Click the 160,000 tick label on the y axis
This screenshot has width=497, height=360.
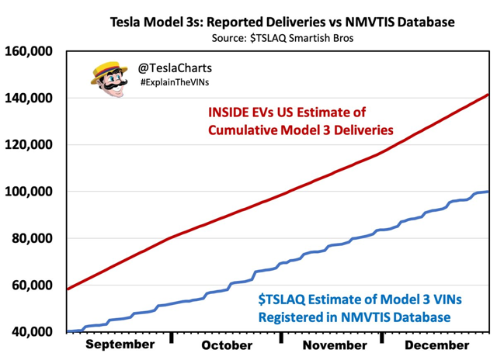(x=30, y=52)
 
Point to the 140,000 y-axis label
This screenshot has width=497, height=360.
(x=30, y=99)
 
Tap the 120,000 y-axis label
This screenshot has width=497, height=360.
(x=30, y=145)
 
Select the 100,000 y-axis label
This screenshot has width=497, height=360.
(x=30, y=192)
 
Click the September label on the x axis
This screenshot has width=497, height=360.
(x=119, y=344)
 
